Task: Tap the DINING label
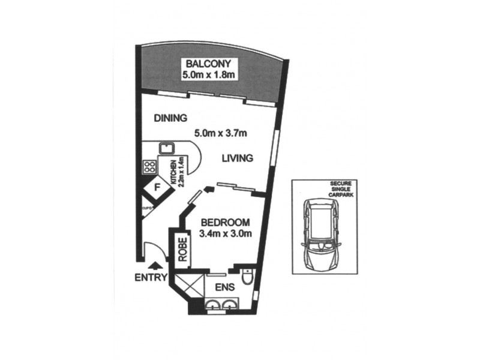[x=170, y=118]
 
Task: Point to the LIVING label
[x=237, y=158]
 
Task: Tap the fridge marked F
[x=157, y=188]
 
